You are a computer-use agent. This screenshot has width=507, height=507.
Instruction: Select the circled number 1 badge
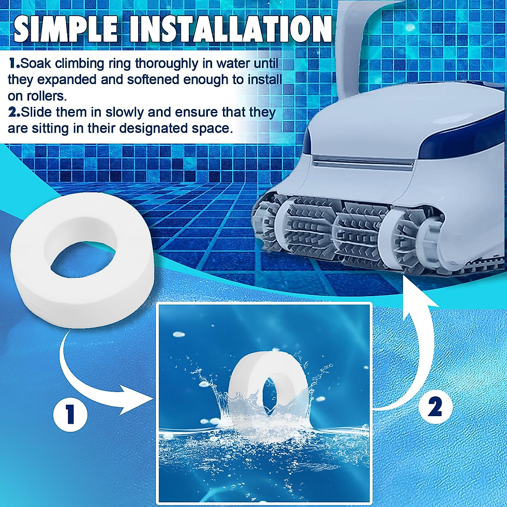[x=70, y=413]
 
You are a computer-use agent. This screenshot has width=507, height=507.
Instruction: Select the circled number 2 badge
[x=436, y=406]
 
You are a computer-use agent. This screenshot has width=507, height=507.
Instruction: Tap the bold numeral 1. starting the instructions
[x=14, y=64]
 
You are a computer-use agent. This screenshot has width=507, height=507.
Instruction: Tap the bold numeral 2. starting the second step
[x=14, y=113]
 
